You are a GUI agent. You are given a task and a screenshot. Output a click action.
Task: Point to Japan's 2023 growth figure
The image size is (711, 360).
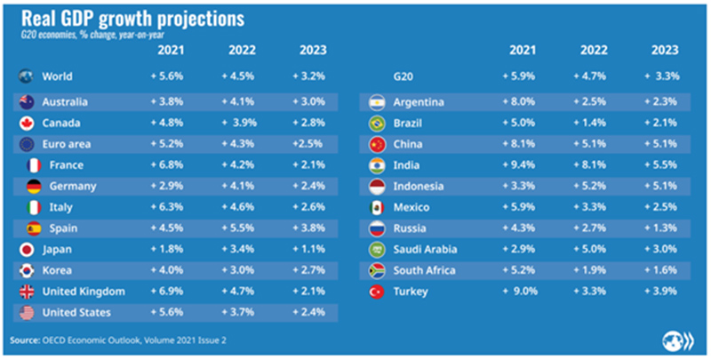[x=309, y=249]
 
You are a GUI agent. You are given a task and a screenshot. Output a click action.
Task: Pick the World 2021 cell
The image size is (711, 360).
[x=167, y=77]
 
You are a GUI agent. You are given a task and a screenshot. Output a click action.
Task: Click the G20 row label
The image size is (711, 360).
[x=403, y=77]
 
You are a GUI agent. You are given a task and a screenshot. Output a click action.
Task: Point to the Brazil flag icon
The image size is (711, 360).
[x=376, y=123]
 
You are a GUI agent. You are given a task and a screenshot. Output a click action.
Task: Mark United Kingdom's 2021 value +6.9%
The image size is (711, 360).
[x=167, y=292]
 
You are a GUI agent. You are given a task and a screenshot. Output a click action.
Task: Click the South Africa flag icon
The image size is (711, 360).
[x=376, y=270]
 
